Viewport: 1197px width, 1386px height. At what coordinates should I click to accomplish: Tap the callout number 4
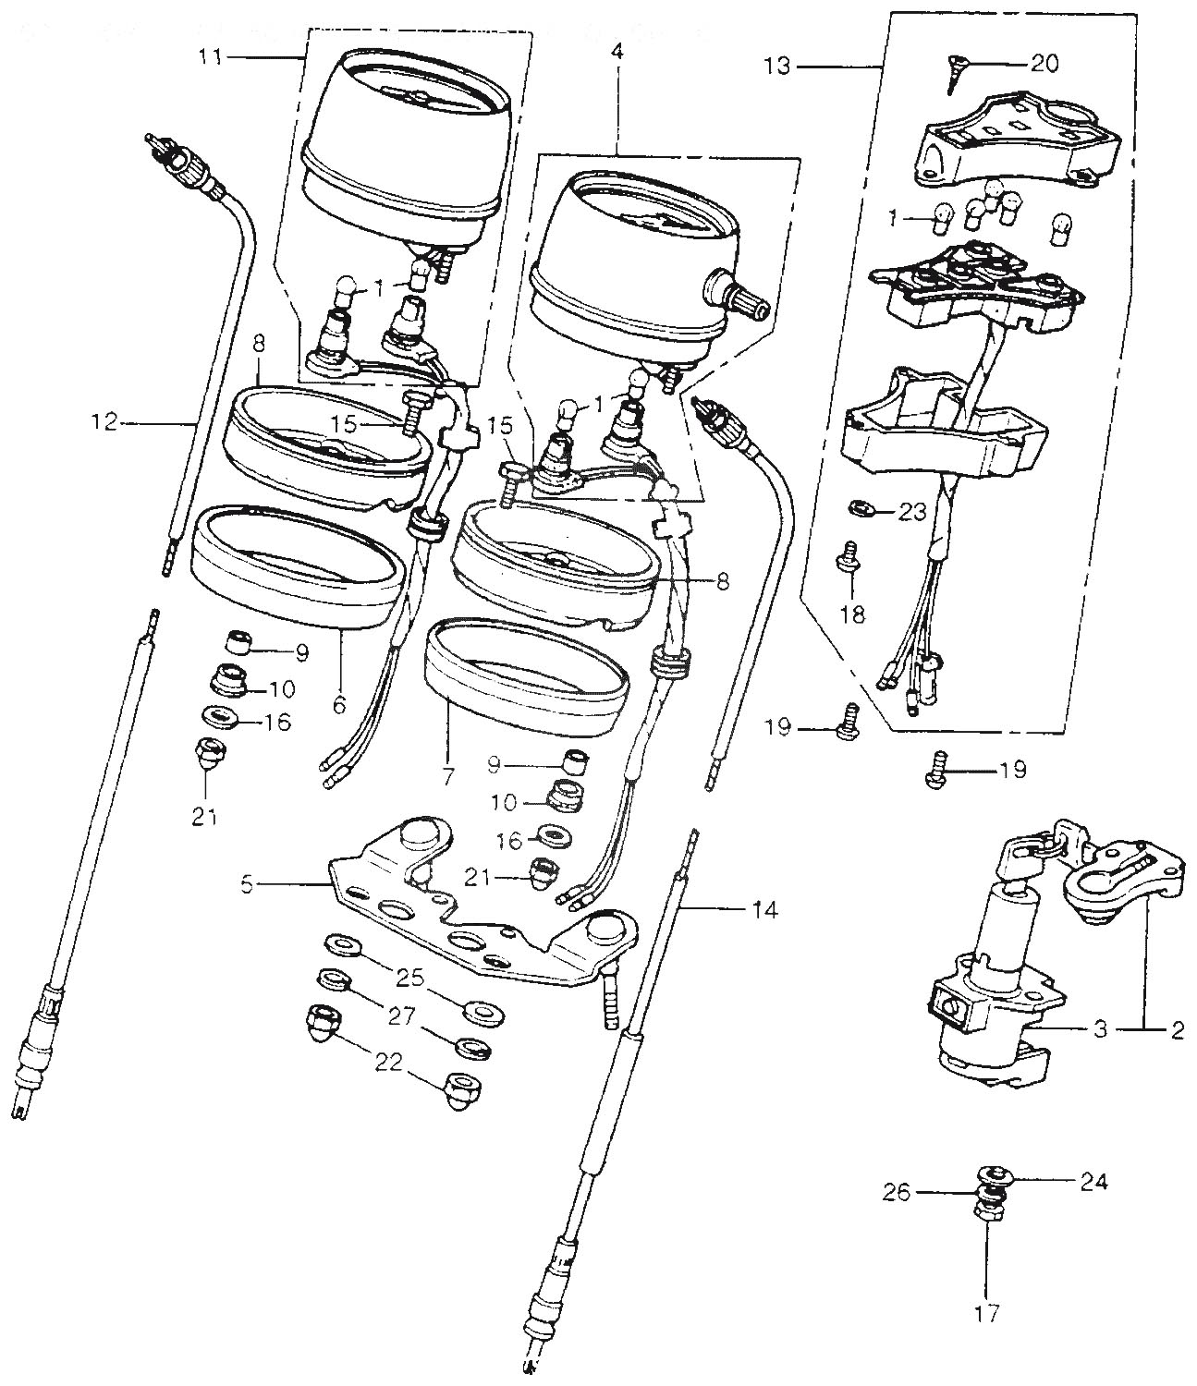[617, 53]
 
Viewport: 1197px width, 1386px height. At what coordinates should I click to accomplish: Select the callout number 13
[779, 67]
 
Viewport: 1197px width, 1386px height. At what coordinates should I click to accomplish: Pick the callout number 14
[764, 910]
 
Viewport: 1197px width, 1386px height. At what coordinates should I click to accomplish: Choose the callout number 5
[246, 884]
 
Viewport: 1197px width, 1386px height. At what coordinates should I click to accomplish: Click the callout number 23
[911, 511]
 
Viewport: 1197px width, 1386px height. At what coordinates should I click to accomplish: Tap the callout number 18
[852, 614]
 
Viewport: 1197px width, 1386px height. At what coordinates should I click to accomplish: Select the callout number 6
[338, 705]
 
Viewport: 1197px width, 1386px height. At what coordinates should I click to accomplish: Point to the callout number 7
[448, 777]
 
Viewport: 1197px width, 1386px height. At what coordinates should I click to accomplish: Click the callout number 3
[1099, 1030]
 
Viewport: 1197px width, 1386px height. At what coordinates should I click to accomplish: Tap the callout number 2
[1177, 1030]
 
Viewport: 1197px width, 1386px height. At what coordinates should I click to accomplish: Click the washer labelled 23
[860, 507]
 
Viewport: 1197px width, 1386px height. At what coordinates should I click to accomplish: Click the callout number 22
[389, 1063]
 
